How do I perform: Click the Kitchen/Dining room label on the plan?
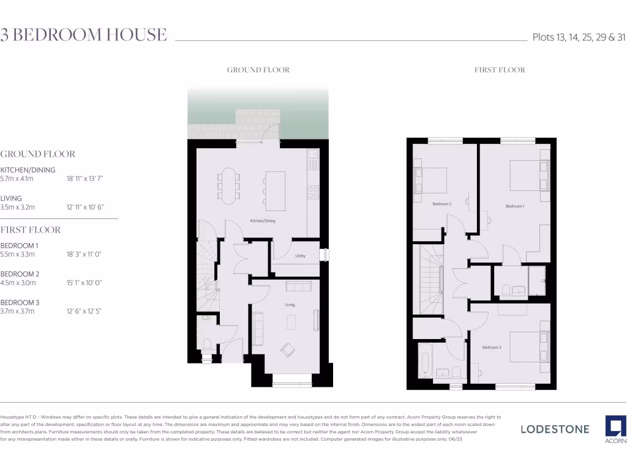click(262, 221)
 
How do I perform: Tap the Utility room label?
click(300, 256)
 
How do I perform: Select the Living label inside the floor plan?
click(290, 304)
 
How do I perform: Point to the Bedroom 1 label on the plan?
click(514, 206)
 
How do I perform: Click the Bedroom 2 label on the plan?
click(441, 204)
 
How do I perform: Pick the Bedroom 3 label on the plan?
click(491, 348)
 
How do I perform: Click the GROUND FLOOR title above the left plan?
click(258, 70)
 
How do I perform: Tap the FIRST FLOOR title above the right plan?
click(500, 70)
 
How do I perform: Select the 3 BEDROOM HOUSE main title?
click(84, 35)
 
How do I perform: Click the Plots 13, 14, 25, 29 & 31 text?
click(579, 37)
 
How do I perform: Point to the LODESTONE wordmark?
click(555, 429)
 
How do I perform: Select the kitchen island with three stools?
click(275, 186)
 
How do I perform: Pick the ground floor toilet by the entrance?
click(206, 345)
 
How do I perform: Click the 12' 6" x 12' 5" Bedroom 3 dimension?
click(84, 311)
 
